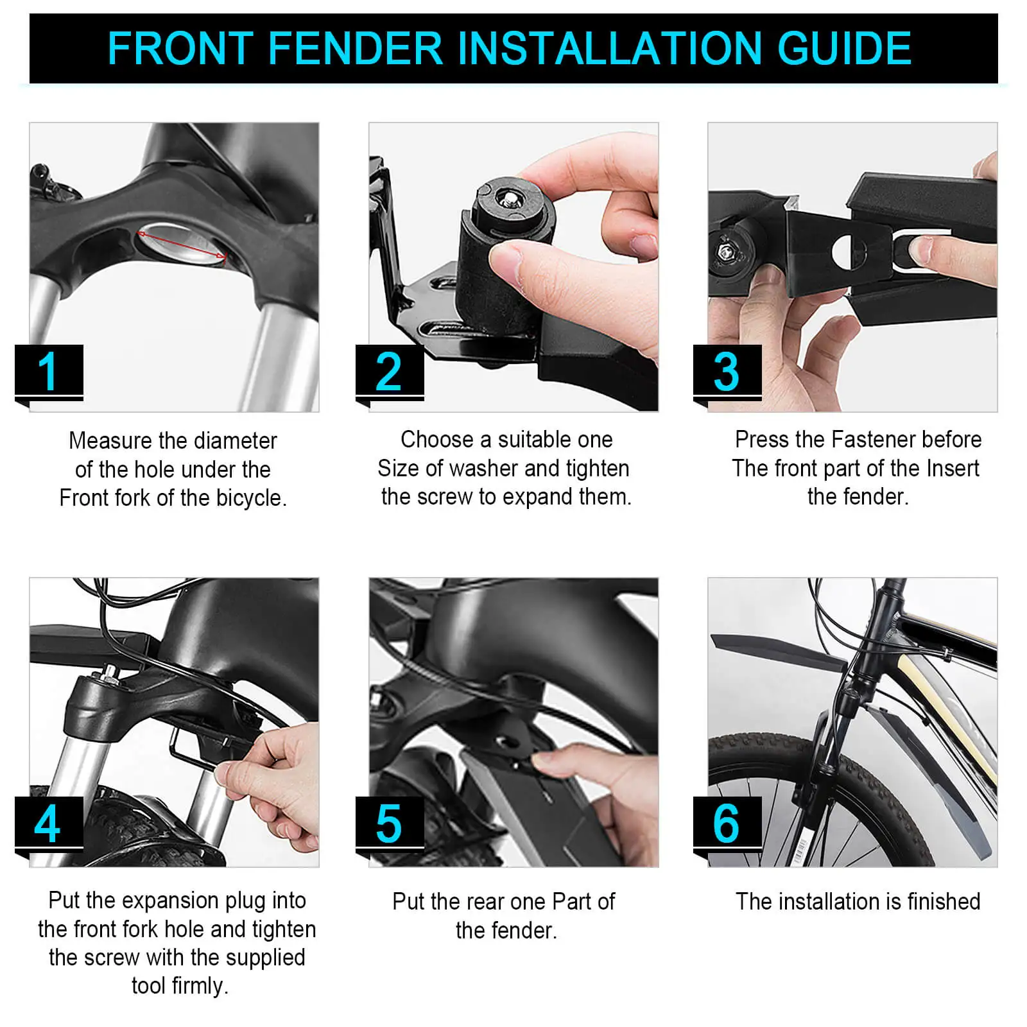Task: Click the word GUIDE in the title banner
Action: point(844,48)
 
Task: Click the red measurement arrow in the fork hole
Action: point(182,245)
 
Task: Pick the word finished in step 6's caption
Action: point(943,902)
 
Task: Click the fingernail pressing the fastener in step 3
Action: point(920,249)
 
